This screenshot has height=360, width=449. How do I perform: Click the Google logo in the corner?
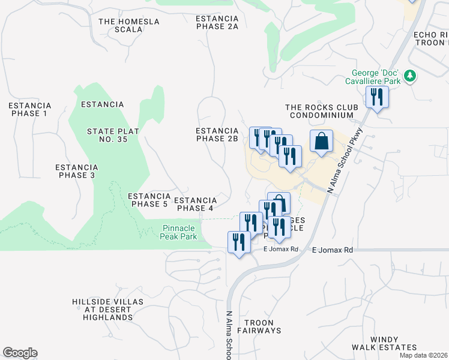coord(20,353)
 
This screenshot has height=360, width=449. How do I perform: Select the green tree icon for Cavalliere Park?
coord(410,76)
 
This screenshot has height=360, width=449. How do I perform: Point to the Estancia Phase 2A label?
coord(217,22)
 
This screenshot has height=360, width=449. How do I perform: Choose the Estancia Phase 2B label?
coord(217,134)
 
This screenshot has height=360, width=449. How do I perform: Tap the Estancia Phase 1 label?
coord(29,109)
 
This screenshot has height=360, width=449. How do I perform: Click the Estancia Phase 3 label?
coord(76,171)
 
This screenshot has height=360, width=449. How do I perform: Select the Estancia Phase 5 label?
coord(148,200)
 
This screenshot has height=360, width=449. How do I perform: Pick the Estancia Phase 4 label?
coord(194,204)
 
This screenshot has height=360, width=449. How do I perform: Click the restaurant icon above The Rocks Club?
coord(377,97)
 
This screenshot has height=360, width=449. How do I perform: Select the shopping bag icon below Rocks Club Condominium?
coord(322,142)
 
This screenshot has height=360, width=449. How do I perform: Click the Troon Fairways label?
coord(259,326)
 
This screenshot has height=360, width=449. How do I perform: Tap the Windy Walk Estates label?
coord(393,343)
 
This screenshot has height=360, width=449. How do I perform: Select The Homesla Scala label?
coord(129,25)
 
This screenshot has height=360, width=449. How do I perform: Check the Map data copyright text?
coord(424,355)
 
